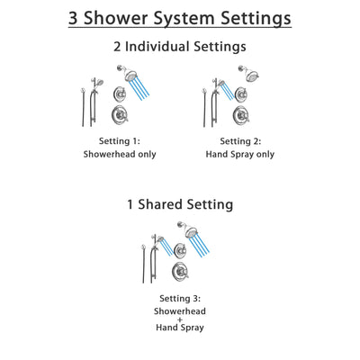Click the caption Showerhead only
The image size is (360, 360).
click(x=128, y=155)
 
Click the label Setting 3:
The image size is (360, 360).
click(x=179, y=300)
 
